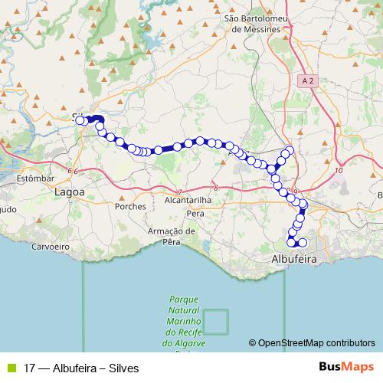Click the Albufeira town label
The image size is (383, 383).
tap(295, 259)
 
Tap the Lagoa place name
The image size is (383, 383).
tap(70, 193)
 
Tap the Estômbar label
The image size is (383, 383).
tap(34, 178)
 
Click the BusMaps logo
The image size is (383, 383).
tap(348, 367)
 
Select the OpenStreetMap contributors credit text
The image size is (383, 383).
tap(312, 343)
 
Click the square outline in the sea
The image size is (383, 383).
tap(216, 322)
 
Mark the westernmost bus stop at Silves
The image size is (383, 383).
tap(80, 119)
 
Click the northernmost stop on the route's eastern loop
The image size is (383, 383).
tap(289, 149)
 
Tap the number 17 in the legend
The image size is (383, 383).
tap(30, 367)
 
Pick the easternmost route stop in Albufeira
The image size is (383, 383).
tap(303, 243)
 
